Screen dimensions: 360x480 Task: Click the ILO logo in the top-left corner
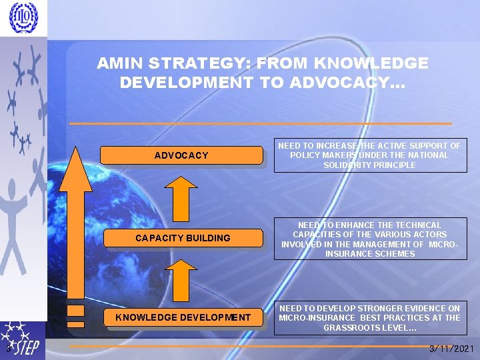(23, 18)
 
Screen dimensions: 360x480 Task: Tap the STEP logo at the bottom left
(23, 341)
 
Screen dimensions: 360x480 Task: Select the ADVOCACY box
(181, 155)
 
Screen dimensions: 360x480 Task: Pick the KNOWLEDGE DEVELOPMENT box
(183, 317)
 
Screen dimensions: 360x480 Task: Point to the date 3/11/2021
(453, 348)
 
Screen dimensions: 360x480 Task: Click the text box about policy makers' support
(369, 155)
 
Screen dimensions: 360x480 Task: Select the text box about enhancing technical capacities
(369, 239)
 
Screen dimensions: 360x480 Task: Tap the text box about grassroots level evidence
(369, 318)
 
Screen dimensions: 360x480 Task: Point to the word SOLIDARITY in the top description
(347, 165)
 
